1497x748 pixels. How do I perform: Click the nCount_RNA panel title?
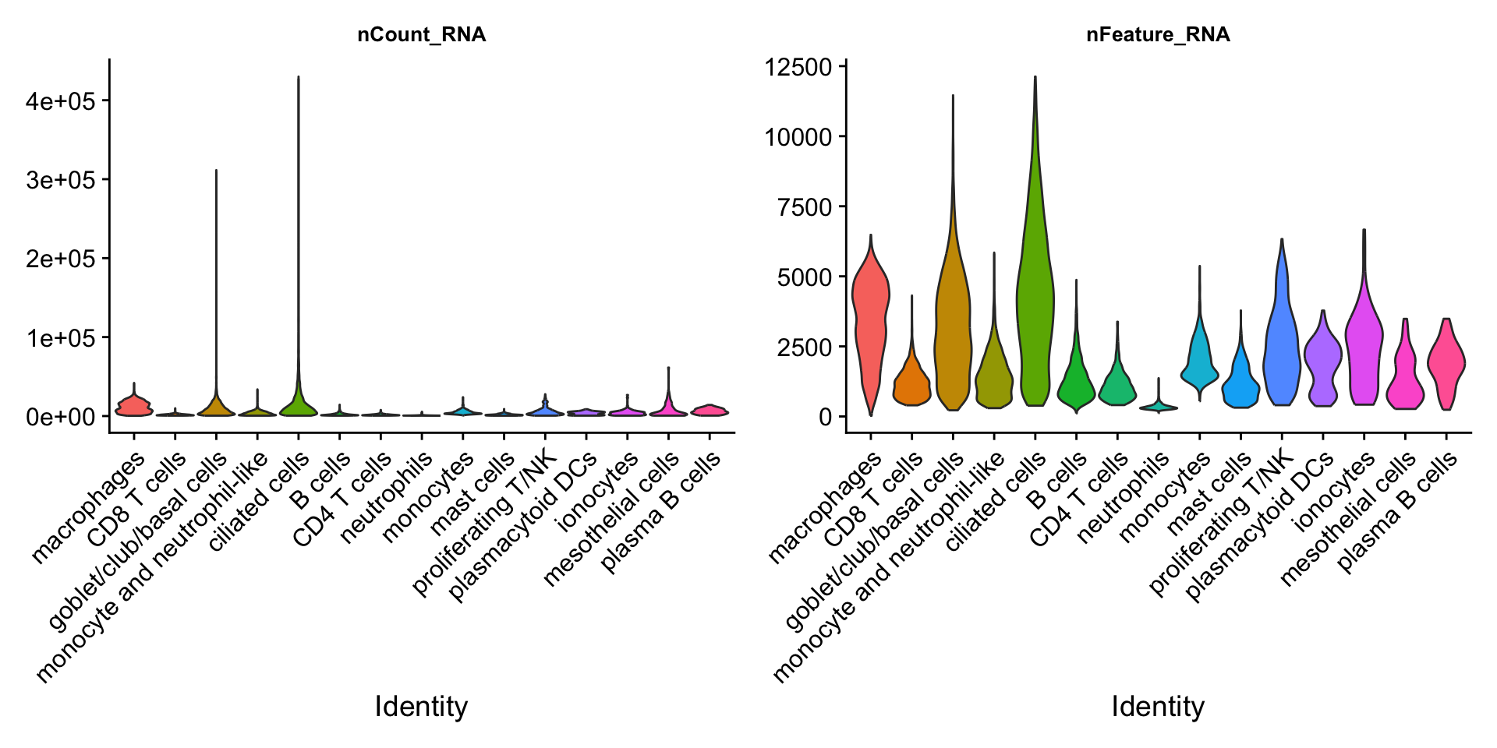[x=421, y=35]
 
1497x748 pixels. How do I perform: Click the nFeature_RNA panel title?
[x=1158, y=35]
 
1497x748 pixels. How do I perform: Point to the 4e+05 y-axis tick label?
[x=61, y=101]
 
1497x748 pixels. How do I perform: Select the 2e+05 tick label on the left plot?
[x=61, y=259]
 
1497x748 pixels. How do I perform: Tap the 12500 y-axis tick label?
[x=798, y=67]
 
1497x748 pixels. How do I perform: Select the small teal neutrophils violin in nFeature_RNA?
[x=1159, y=406]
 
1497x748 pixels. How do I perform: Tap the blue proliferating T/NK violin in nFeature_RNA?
[x=1282, y=335]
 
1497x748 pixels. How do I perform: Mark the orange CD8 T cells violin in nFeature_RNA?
[x=911, y=382]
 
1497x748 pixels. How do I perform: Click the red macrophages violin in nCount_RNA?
[x=133, y=405]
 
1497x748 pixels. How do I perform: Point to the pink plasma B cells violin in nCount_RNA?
[x=709, y=410]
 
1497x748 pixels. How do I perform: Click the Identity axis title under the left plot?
[x=421, y=707]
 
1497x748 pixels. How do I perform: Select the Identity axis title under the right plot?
[x=1158, y=707]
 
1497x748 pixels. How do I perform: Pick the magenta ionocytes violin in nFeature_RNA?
[x=1364, y=343]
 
